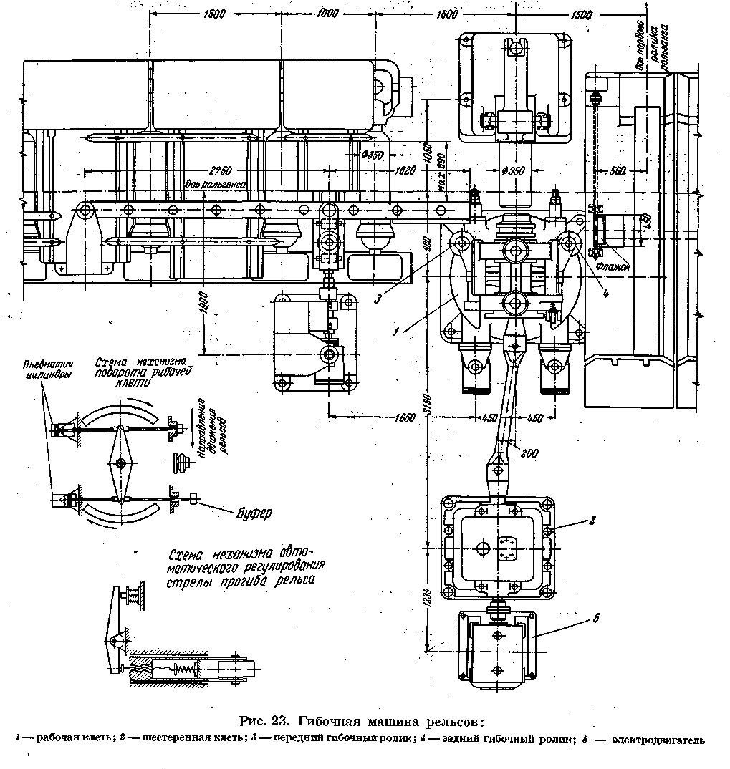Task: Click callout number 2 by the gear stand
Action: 592,521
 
